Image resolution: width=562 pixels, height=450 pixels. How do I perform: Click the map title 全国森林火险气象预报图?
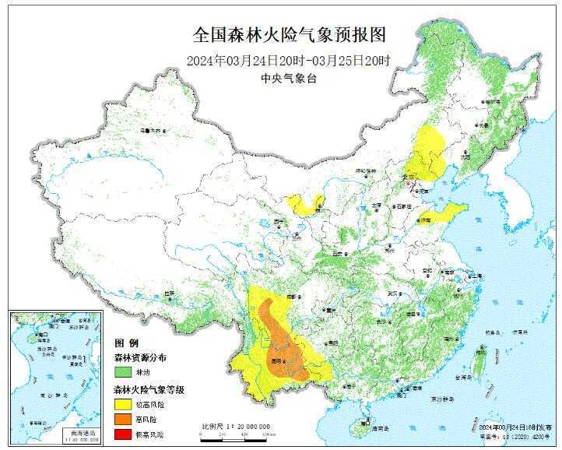(x=289, y=36)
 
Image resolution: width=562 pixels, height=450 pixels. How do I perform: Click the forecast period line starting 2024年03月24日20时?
(x=289, y=60)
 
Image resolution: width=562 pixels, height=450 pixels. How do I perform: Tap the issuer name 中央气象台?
(x=289, y=79)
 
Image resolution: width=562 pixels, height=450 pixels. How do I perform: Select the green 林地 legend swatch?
(x=124, y=372)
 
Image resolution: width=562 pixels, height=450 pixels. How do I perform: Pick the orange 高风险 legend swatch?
(x=124, y=419)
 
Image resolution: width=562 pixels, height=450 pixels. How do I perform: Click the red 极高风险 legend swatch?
(x=124, y=434)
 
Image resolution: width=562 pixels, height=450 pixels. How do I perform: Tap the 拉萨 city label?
(x=168, y=294)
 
